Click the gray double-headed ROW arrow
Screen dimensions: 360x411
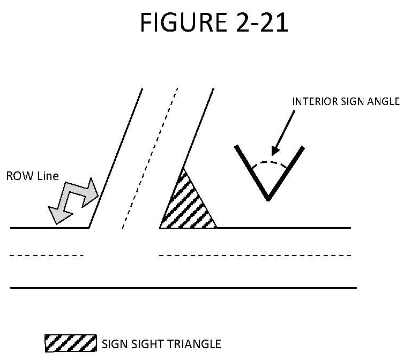click(73, 199)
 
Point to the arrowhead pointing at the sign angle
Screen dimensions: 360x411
click(277, 151)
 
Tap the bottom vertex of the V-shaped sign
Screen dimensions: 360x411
click(268, 199)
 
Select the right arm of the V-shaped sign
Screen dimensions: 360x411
click(287, 172)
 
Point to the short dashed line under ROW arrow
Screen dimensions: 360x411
click(47, 256)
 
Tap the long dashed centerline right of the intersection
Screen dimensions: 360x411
click(255, 256)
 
